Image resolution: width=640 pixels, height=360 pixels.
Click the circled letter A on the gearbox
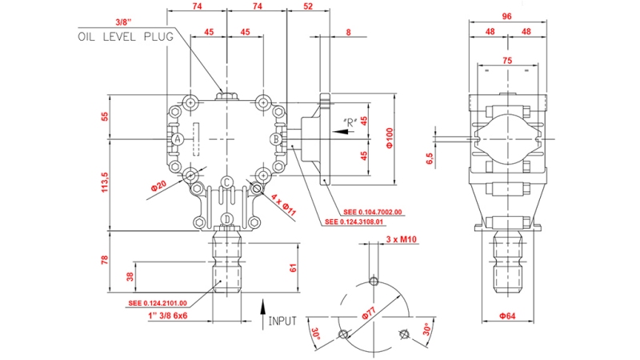[x=178, y=139]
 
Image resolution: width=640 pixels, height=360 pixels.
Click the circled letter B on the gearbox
[x=275, y=139]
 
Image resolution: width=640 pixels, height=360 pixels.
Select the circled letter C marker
[x=227, y=182]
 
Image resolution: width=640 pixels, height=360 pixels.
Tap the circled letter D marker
[x=227, y=218]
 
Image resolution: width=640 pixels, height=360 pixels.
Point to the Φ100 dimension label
[x=390, y=138]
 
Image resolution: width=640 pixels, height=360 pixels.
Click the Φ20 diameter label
[x=161, y=186]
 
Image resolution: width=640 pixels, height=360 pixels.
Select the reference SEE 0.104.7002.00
[x=372, y=212]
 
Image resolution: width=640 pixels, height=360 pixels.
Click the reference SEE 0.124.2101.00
[x=158, y=303]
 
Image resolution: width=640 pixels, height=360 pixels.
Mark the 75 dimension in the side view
[x=506, y=60]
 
